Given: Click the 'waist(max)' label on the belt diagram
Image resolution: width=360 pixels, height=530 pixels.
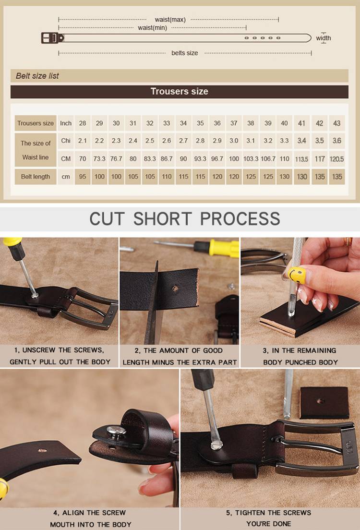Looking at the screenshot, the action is [x=170, y=20].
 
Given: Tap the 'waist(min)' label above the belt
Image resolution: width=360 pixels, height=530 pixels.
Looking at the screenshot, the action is [x=153, y=28].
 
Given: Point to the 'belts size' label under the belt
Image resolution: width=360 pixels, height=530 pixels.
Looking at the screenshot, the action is [x=185, y=53].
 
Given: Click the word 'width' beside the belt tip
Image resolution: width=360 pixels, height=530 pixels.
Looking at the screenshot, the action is [x=324, y=38].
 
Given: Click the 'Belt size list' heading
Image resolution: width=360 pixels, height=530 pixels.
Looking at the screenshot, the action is [x=37, y=76].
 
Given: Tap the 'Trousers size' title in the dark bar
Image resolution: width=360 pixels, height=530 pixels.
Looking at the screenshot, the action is [x=179, y=91].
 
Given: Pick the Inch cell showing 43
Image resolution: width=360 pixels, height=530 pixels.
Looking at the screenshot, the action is [x=336, y=123].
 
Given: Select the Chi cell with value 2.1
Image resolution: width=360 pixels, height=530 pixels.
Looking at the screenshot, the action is [x=83, y=141].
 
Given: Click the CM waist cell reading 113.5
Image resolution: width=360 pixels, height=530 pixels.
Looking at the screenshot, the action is [x=301, y=159].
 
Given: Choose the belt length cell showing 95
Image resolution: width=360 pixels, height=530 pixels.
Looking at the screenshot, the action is [x=83, y=177].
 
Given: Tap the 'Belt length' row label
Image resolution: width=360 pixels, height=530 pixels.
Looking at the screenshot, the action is [x=36, y=177].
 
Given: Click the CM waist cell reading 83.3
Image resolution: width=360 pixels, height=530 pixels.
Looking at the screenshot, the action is [x=150, y=158].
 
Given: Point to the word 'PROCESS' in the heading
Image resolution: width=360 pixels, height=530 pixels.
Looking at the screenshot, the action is [x=240, y=219].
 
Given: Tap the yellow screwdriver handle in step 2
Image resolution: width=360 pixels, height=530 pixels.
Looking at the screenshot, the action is [x=224, y=248].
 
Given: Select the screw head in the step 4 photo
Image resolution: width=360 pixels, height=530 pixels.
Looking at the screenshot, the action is [x=116, y=431].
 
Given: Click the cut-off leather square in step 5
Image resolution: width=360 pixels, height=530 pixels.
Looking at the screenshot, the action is [x=324, y=403].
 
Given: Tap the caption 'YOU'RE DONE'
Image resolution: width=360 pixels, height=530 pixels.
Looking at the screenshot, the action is [x=268, y=524].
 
